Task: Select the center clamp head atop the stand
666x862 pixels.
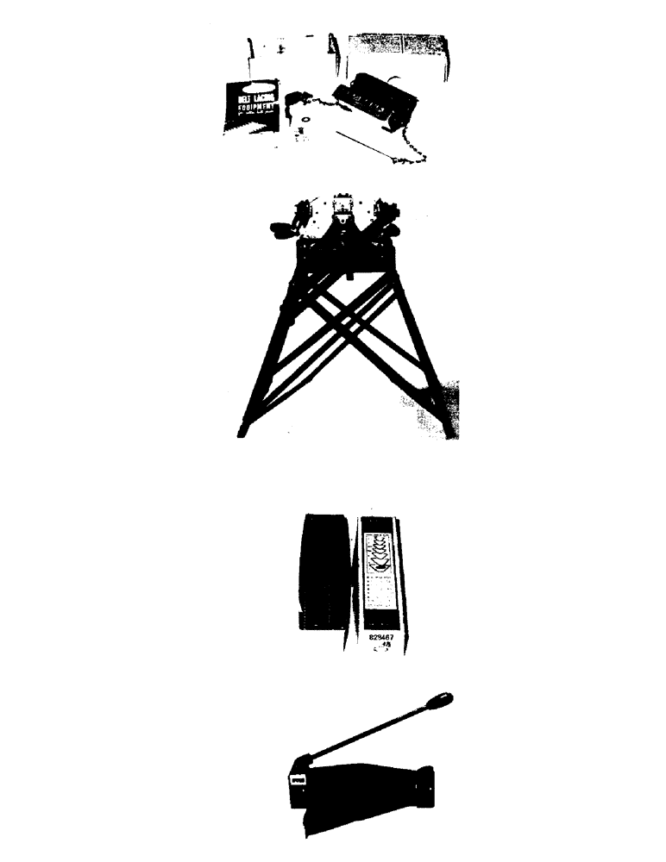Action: tap(346, 209)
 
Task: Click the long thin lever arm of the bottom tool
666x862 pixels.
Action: tap(371, 732)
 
